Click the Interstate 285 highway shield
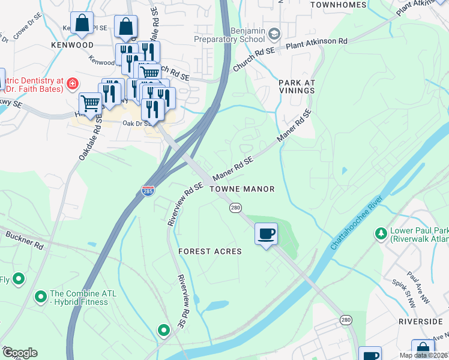click(148, 191)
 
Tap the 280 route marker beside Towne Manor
click(235, 208)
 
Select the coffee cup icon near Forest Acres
click(266, 233)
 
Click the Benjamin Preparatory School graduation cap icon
click(275, 33)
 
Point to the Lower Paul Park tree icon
click(380, 233)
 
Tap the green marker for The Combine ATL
click(41, 296)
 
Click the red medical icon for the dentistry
click(73, 83)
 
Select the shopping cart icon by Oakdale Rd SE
click(90, 103)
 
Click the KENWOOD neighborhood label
click(73, 45)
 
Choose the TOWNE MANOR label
click(242, 189)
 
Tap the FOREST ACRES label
click(209, 251)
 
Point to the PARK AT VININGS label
click(296, 85)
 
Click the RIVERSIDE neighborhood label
click(420, 322)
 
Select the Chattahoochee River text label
click(357, 223)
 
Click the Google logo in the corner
click(20, 353)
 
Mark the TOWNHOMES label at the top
click(337, 5)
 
